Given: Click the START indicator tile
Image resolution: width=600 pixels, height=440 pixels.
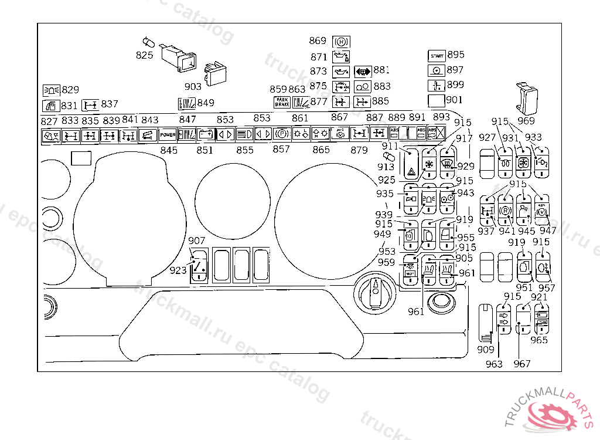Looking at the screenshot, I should point(437,56).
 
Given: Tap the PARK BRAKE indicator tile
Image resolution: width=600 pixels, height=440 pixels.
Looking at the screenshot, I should point(282,102).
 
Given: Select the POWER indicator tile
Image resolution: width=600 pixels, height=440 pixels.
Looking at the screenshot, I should point(168,135).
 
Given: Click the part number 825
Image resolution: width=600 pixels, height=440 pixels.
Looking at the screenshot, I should point(145,55).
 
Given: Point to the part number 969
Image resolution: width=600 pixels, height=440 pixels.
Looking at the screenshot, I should point(526,121).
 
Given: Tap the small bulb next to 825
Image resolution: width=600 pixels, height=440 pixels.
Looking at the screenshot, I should point(148,42).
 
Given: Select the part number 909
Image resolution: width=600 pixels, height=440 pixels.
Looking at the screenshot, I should point(486,350).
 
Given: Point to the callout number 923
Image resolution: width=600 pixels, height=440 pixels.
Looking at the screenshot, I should point(178,270).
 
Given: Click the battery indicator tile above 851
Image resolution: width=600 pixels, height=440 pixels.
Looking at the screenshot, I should point(206,134).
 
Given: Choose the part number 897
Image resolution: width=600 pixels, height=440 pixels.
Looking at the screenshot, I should point(455,70).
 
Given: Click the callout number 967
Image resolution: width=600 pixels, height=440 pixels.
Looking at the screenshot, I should point(522,364).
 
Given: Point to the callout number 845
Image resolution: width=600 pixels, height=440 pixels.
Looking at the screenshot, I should point(169,150).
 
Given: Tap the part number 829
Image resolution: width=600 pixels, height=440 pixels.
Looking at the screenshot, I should point(70,90).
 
